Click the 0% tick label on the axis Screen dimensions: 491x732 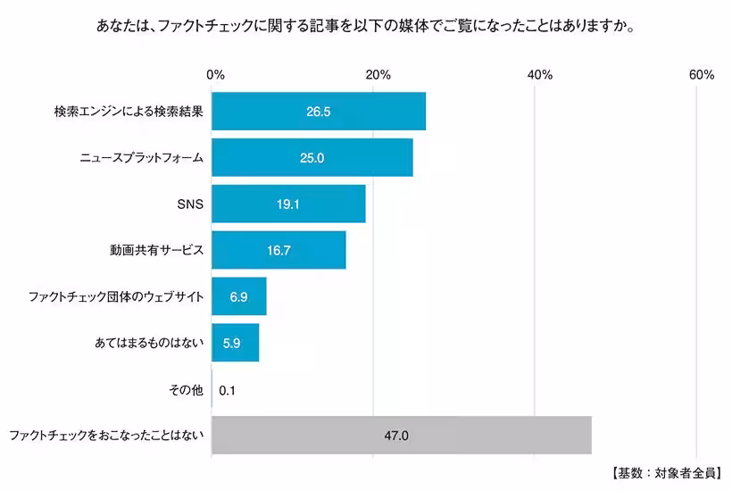[215, 75]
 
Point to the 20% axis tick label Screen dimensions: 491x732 [378, 75]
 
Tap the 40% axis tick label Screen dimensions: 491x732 [540, 75]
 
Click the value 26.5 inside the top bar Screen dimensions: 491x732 [319, 112]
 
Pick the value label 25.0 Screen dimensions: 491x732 [312, 158]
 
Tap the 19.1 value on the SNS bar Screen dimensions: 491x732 [287, 204]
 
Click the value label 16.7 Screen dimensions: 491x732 [279, 251]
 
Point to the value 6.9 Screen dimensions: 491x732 [238, 296]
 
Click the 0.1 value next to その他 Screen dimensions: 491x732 [227, 390]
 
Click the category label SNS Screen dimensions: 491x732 [191, 204]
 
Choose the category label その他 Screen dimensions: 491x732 [186, 390]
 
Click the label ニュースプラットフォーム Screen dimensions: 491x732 [139, 158]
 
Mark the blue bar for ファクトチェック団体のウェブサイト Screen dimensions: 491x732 [239, 296]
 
